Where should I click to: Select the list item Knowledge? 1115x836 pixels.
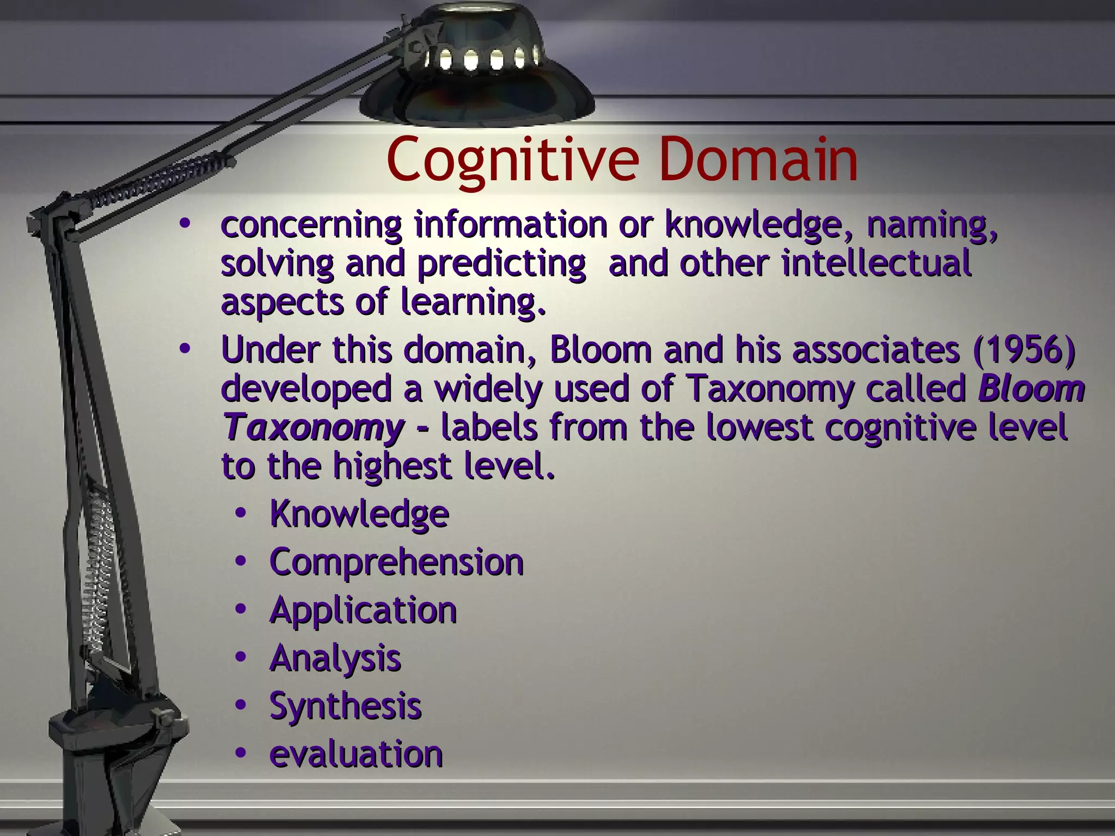click(x=359, y=514)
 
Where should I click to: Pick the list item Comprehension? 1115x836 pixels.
click(x=396, y=562)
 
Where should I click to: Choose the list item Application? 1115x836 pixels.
click(x=363, y=610)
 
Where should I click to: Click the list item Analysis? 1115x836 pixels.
click(x=335, y=658)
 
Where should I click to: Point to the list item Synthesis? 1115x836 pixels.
click(x=345, y=706)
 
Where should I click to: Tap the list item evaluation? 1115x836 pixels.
click(x=356, y=754)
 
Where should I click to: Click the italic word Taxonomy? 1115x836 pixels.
click(x=314, y=428)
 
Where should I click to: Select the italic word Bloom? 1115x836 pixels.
click(x=1031, y=389)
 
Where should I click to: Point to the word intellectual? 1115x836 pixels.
click(x=876, y=263)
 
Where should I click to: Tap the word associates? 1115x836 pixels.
click(x=876, y=349)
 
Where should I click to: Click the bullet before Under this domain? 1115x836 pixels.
click(x=185, y=349)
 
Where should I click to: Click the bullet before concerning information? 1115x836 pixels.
click(x=185, y=223)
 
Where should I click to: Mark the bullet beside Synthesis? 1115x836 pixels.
click(x=241, y=705)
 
